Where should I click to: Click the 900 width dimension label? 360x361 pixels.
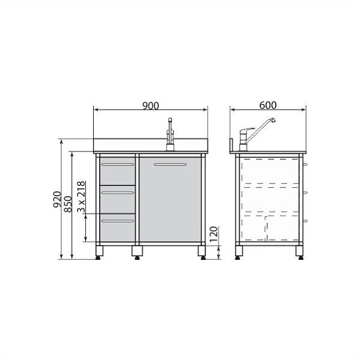click(151, 106)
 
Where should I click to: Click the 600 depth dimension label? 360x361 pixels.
click(268, 105)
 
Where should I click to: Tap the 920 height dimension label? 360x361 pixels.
click(57, 199)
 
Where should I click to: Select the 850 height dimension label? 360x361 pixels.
click(68, 204)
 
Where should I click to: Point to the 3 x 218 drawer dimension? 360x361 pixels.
click(81, 197)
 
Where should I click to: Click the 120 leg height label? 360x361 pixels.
click(214, 234)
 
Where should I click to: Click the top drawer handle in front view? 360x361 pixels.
click(118, 164)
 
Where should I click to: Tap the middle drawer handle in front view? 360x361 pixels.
click(118, 193)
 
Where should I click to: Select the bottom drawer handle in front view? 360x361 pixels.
click(118, 221)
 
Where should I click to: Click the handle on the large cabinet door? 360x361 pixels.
click(170, 164)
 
